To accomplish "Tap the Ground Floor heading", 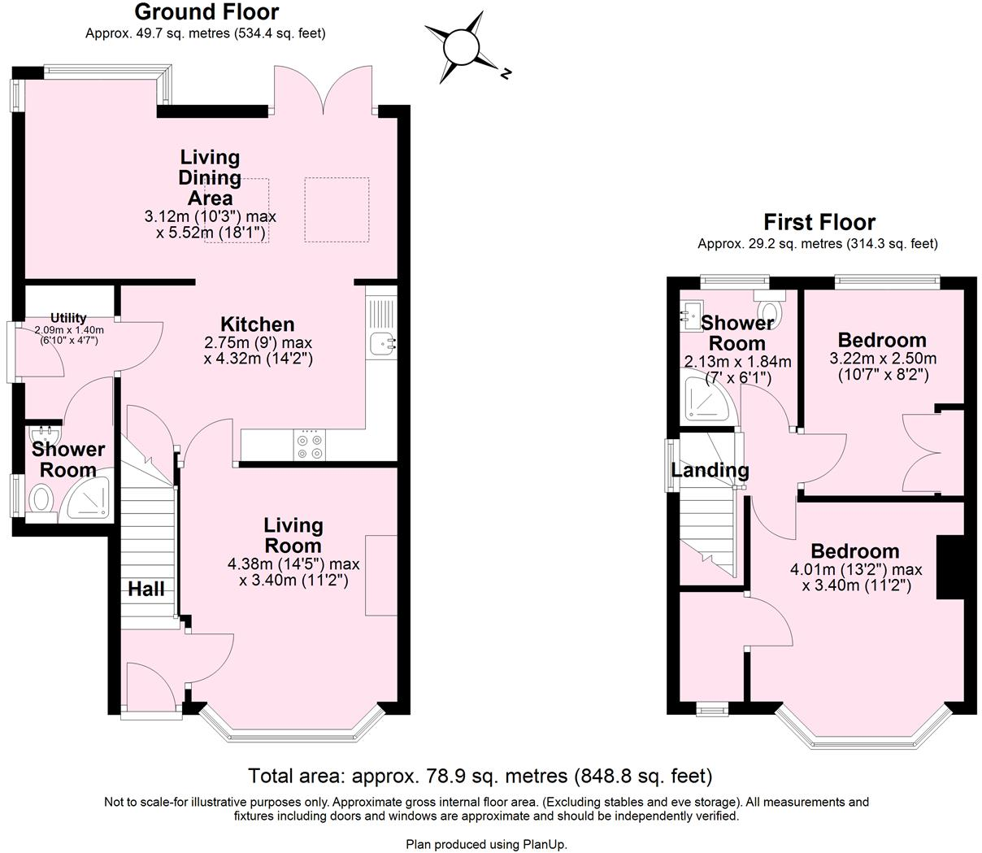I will (206, 12).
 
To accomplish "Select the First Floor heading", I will (819, 222).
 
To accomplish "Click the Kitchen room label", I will (258, 324).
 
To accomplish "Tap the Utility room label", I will (68, 318).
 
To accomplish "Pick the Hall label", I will (146, 589).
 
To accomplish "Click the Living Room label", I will (293, 536).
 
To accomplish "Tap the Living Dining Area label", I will (211, 177).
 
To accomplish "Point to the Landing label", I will (710, 470).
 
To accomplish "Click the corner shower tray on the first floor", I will (707, 398).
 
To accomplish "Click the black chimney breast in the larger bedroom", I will (949, 567).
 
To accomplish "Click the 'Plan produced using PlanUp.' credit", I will (486, 844).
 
